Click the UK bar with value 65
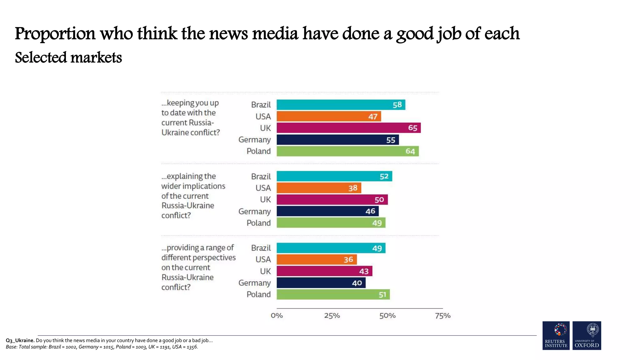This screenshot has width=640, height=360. click(x=348, y=128)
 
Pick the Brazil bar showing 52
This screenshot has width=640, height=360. click(x=334, y=176)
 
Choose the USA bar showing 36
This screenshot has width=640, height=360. click(x=316, y=259)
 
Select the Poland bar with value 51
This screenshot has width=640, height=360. click(x=333, y=294)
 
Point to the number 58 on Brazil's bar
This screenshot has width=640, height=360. click(x=397, y=105)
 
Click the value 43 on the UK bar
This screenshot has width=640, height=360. click(x=364, y=271)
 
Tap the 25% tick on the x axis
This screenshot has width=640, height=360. click(x=332, y=316)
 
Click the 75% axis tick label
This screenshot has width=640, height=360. click(x=442, y=316)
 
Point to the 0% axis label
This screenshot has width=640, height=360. click(x=277, y=316)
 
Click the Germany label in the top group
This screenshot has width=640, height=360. click(x=254, y=140)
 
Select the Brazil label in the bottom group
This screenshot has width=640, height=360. click(x=261, y=248)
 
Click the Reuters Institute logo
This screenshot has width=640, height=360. click(x=556, y=335)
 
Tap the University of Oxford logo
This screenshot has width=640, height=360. click(x=587, y=335)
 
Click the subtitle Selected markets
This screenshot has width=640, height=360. click(x=68, y=58)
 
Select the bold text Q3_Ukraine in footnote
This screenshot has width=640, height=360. click(x=20, y=340)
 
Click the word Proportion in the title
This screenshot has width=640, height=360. click(x=55, y=34)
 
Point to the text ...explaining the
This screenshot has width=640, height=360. click(x=188, y=176)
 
